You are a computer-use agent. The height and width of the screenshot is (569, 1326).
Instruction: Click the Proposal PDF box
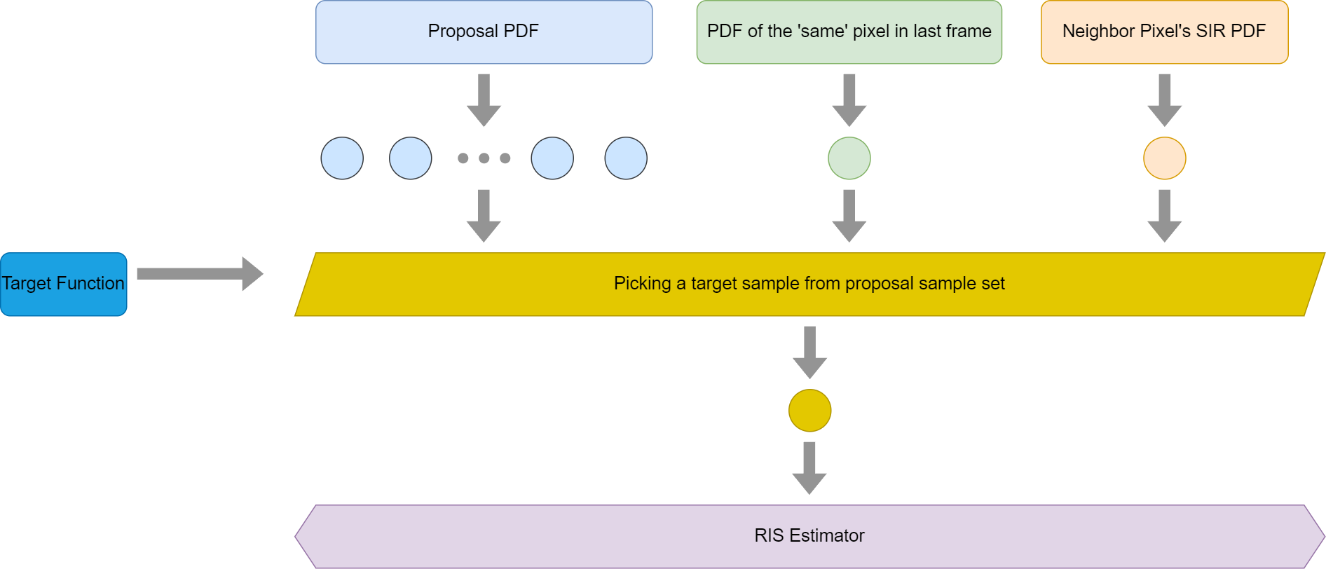[x=484, y=32]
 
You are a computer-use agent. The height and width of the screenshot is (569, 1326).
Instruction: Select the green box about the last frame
[x=849, y=32]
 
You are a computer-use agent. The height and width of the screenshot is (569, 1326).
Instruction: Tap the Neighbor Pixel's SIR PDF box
[x=1164, y=32]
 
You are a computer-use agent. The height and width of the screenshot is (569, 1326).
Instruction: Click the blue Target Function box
[x=64, y=284]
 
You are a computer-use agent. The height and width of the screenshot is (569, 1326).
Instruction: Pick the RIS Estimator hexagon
[x=809, y=536]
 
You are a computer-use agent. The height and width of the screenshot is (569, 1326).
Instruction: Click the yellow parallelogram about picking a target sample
[x=809, y=284]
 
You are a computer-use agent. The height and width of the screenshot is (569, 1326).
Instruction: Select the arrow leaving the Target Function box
[x=200, y=273]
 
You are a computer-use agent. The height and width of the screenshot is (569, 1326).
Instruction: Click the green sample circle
[x=849, y=158]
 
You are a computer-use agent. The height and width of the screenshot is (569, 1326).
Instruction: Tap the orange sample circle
[x=1165, y=158]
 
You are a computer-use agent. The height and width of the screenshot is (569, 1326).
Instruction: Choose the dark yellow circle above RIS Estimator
[x=810, y=411]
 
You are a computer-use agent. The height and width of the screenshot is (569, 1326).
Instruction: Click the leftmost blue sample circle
[x=342, y=158]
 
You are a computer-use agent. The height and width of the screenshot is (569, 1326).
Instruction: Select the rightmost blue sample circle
[x=626, y=158]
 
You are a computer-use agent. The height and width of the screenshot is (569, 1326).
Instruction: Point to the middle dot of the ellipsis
[x=484, y=158]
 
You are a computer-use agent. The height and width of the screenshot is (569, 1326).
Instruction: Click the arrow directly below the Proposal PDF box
[x=484, y=100]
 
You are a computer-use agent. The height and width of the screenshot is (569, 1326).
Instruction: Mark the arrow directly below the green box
[x=849, y=100]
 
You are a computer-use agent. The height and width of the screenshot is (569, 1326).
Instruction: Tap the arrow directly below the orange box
[x=1165, y=100]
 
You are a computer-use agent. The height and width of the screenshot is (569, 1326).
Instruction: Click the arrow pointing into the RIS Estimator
[x=809, y=468]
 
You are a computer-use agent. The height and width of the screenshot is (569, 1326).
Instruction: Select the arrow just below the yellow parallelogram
[x=810, y=352]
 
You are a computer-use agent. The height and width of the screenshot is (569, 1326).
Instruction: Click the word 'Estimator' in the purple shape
[x=827, y=536]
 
